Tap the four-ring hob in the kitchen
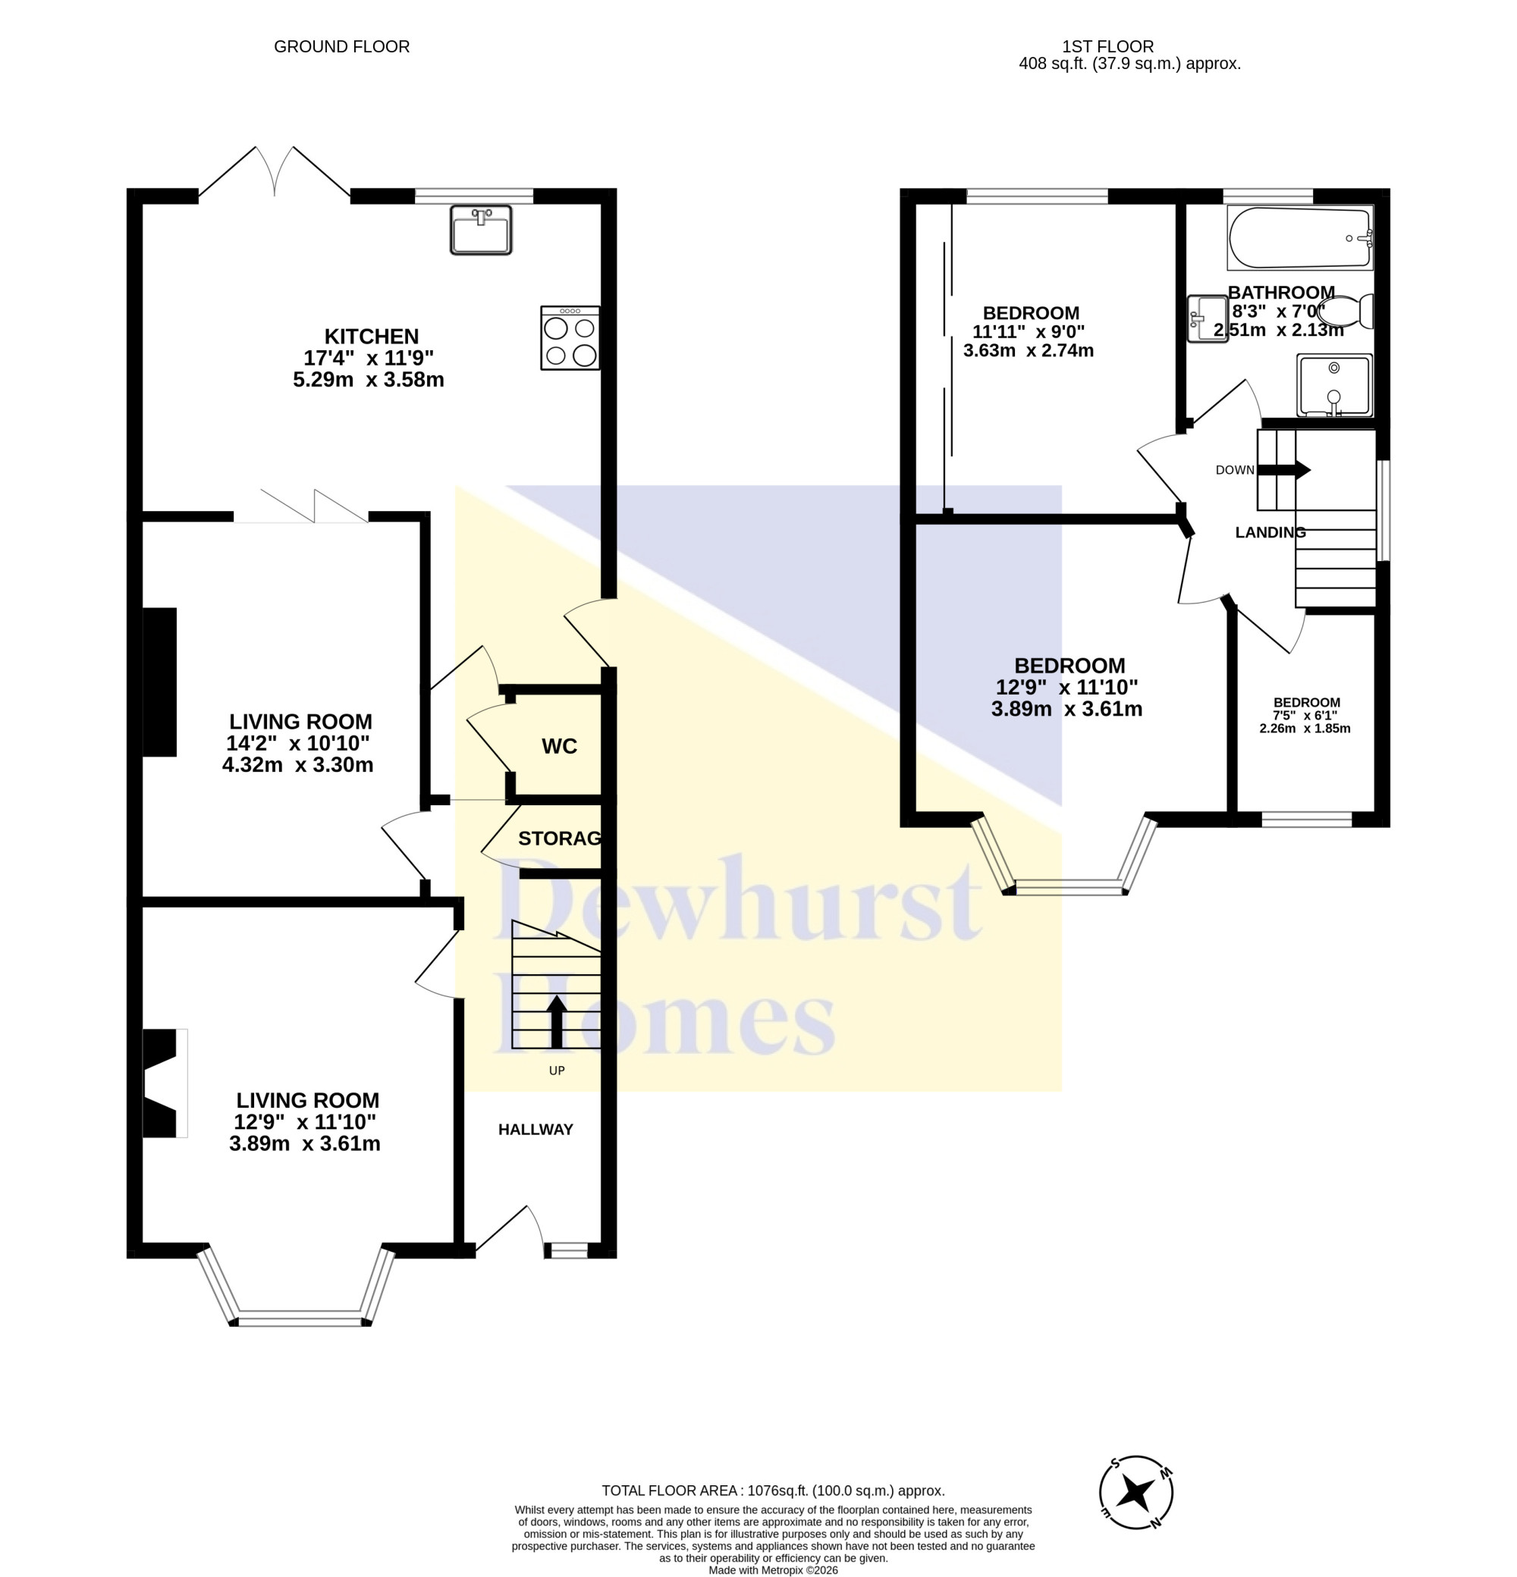click(x=569, y=337)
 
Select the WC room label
click(x=559, y=746)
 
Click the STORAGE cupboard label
click(x=559, y=839)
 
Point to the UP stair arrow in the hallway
click(x=556, y=1022)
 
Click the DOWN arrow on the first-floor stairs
click(x=1283, y=470)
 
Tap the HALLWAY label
click(x=536, y=1129)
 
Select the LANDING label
click(x=1270, y=531)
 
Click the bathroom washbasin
click(x=1208, y=318)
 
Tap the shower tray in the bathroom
click(x=1333, y=385)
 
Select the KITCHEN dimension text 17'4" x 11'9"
click(x=369, y=358)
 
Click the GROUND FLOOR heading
click(x=342, y=47)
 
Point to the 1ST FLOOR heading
click(x=1107, y=47)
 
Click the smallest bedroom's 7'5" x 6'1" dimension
click(x=1305, y=715)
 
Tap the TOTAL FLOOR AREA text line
click(x=773, y=1491)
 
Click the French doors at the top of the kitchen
click(x=275, y=171)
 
